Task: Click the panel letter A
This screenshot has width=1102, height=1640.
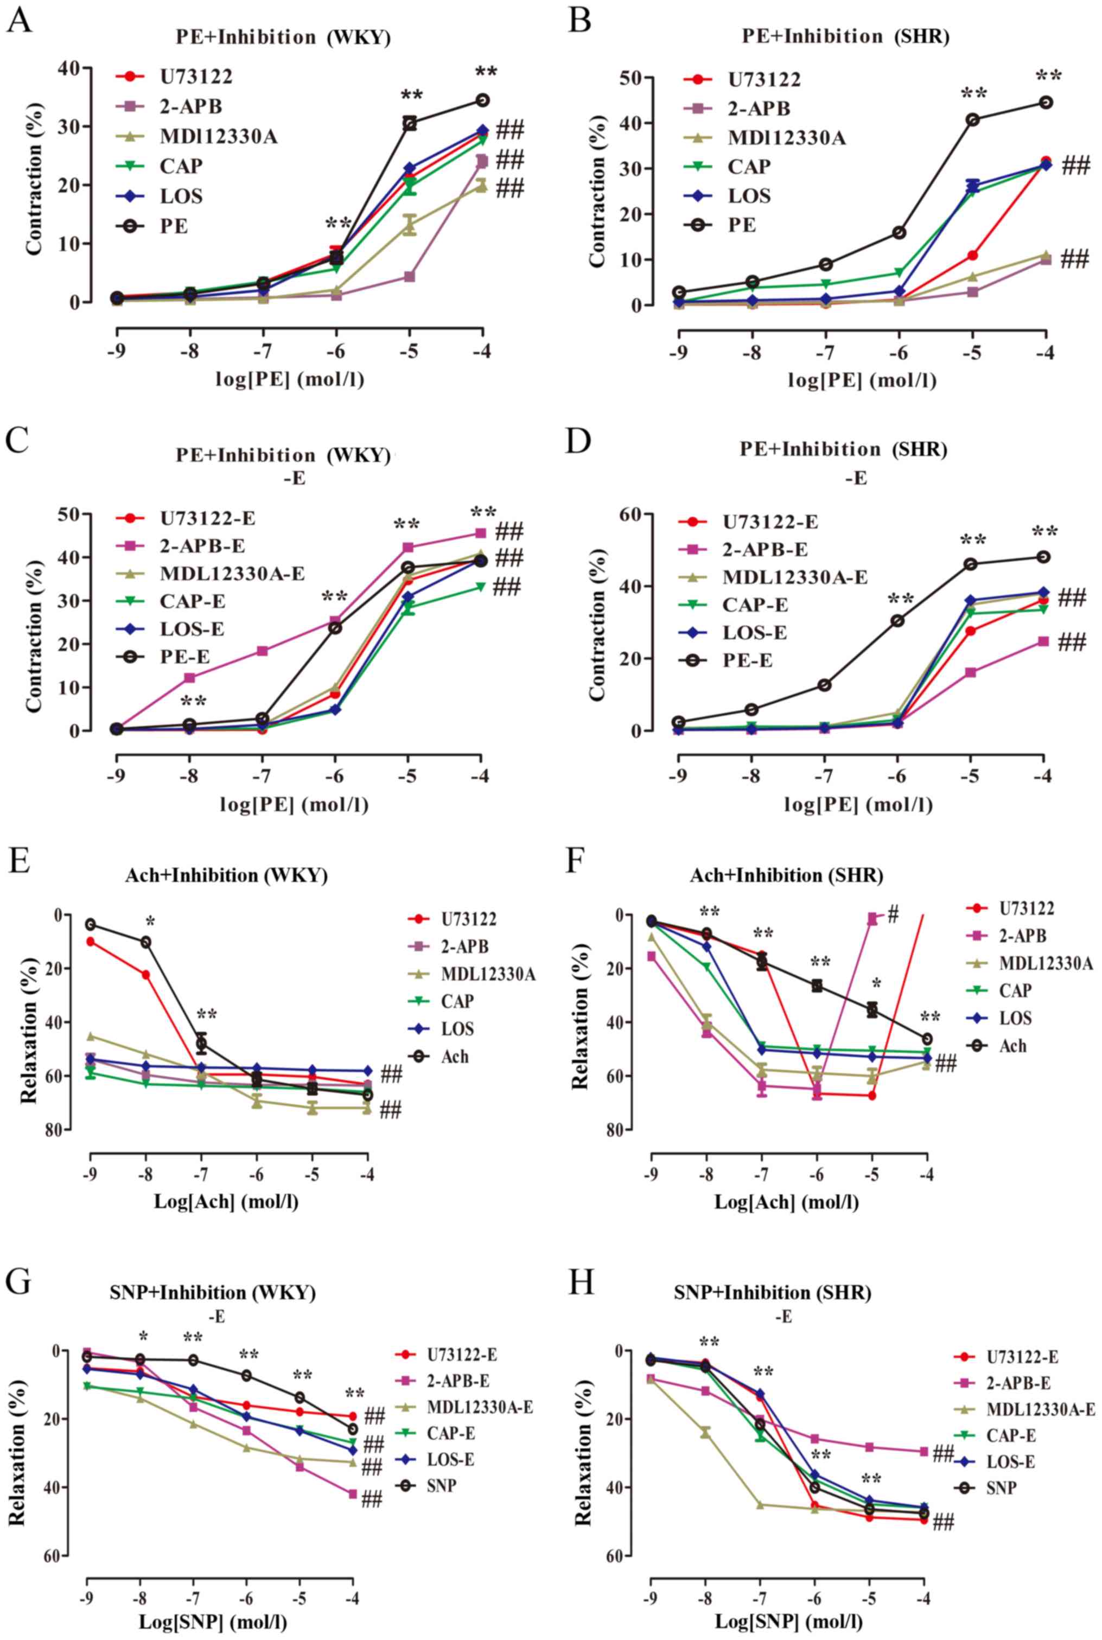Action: [x=18, y=21]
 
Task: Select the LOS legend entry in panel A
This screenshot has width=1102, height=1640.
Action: [x=182, y=196]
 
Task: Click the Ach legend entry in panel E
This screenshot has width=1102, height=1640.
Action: [x=455, y=1057]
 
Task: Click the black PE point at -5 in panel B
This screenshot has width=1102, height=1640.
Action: [x=973, y=119]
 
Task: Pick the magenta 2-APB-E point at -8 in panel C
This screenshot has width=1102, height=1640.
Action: [x=190, y=678]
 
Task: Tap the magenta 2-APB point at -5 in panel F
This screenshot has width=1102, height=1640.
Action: [x=871, y=919]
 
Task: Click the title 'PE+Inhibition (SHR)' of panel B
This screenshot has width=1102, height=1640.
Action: [x=845, y=37]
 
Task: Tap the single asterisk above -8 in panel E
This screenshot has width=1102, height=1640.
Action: [x=149, y=922]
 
